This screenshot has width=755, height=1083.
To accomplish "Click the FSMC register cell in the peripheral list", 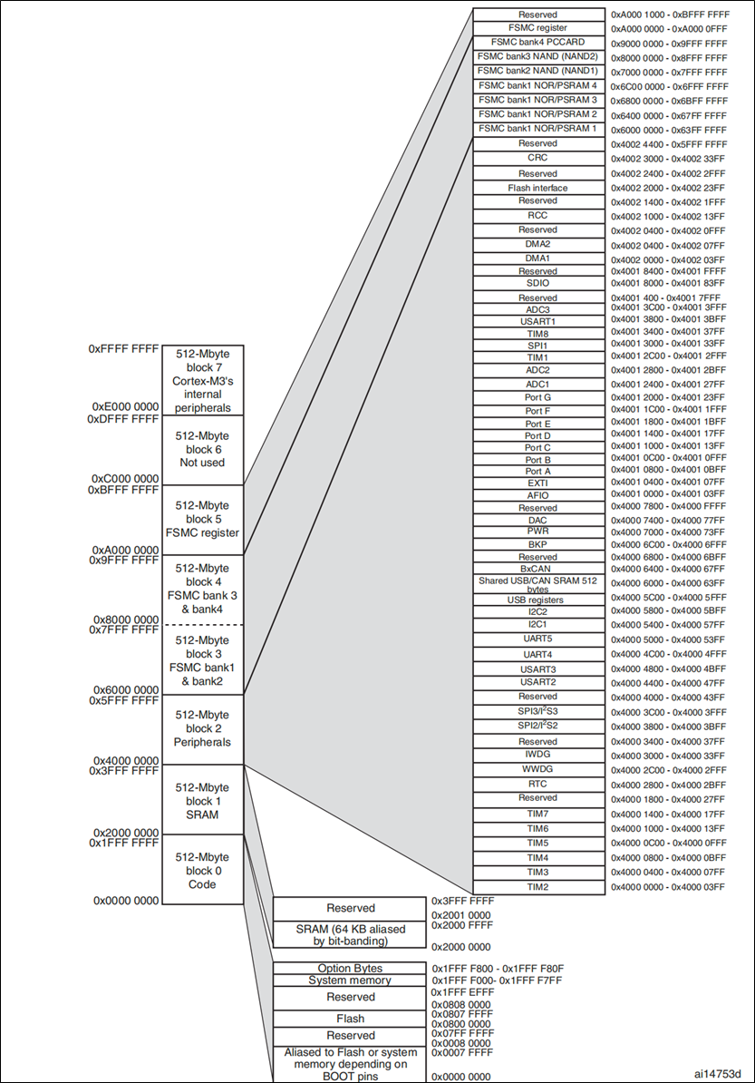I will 538,28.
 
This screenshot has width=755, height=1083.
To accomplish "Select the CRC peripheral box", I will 538,158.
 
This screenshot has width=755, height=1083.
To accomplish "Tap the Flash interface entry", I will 538,188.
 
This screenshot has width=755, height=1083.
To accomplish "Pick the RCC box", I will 538,216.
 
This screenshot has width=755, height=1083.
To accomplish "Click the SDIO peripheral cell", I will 538,283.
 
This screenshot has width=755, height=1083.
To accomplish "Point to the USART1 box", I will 538,321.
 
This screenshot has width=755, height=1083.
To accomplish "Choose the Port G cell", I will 538,397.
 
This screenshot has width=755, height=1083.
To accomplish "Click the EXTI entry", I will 538,483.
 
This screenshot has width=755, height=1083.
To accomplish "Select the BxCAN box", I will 538,568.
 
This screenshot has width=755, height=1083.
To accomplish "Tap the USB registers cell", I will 538,600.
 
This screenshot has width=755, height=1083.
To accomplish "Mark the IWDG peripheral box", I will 538,754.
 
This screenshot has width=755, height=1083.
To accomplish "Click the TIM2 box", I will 538,886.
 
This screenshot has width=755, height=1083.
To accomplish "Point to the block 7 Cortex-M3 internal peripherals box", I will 202,381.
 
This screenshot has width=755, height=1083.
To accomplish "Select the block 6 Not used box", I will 202,449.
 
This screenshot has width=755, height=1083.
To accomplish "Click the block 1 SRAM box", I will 202,801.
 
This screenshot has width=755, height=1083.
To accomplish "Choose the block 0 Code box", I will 202,871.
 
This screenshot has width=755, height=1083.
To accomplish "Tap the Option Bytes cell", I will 350,969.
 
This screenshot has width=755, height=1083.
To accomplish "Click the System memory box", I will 350,981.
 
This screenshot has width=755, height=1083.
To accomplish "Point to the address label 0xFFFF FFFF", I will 123,348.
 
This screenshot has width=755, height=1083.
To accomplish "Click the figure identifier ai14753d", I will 718,1073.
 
